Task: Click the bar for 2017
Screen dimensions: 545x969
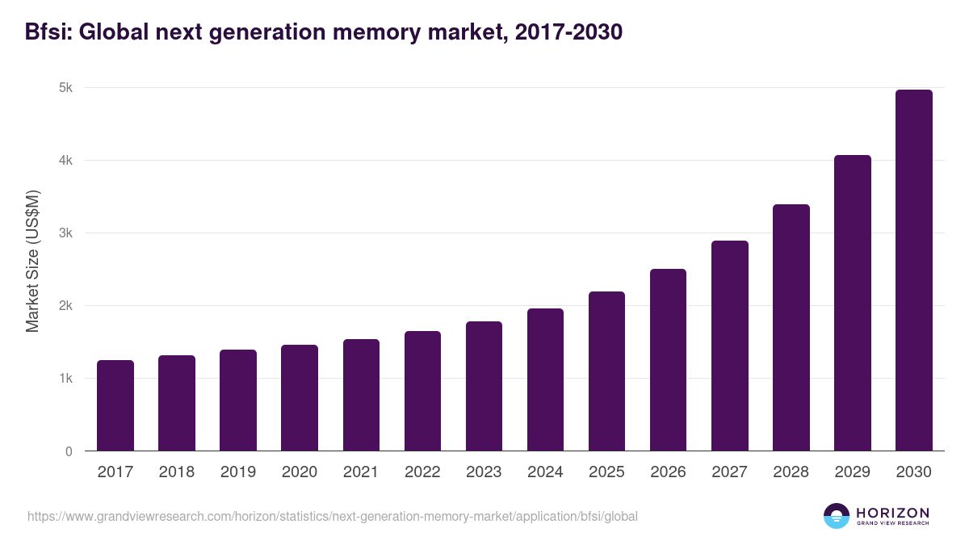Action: point(115,405)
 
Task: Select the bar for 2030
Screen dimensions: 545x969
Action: point(914,270)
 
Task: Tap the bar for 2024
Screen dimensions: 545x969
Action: point(545,379)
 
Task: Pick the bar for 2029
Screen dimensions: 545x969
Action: point(853,303)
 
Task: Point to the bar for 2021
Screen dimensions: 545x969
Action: point(361,395)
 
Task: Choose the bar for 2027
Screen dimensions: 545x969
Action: point(730,346)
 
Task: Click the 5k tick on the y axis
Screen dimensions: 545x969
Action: point(66,88)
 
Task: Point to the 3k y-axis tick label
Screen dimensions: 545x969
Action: point(66,233)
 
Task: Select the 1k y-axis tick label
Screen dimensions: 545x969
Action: point(66,379)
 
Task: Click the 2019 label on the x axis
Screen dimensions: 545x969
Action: point(238,472)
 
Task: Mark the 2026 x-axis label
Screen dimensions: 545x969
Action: point(669,472)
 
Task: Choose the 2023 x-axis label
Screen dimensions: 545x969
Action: point(484,472)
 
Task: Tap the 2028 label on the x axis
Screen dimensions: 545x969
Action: point(791,472)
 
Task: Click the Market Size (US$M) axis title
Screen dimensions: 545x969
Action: point(33,261)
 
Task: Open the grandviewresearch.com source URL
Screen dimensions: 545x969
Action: point(332,516)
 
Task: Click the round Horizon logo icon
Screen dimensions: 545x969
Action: point(836,516)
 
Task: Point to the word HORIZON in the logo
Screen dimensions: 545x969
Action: point(892,512)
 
